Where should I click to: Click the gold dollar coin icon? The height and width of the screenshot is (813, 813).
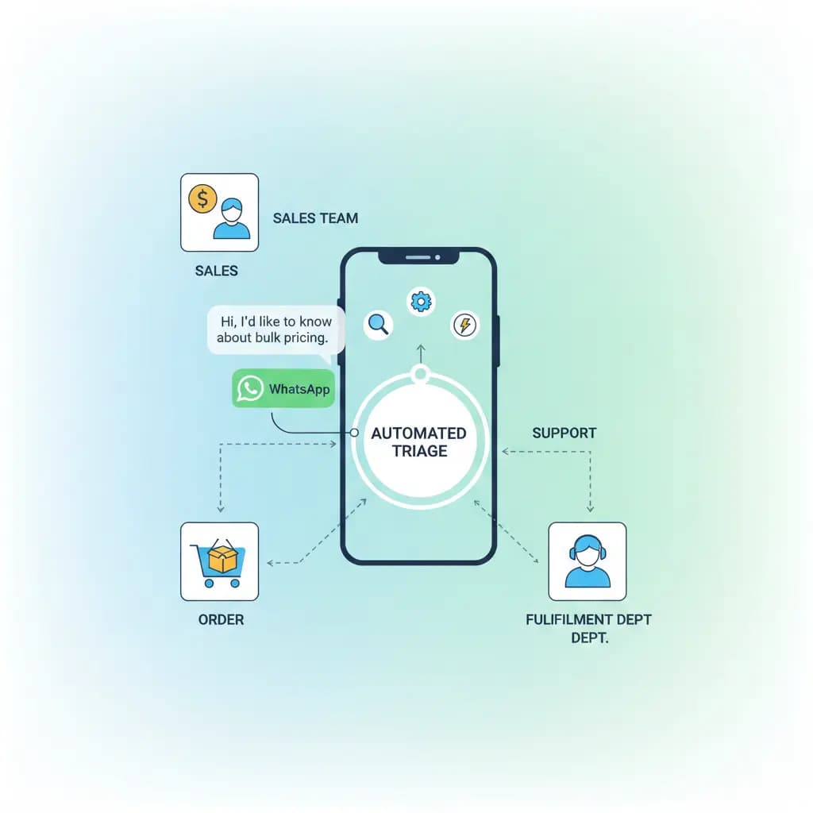[202, 198]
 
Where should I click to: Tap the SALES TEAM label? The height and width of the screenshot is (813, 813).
[315, 218]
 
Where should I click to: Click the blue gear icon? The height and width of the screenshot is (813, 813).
[420, 301]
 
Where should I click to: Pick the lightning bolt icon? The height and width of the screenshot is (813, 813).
[464, 325]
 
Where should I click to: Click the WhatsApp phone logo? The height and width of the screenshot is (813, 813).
[250, 389]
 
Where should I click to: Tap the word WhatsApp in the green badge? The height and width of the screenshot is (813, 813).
[299, 389]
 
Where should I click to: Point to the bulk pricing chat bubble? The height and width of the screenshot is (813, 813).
[275, 329]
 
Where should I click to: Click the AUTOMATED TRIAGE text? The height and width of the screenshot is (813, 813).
[418, 442]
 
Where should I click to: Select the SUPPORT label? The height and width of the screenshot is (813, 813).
[564, 433]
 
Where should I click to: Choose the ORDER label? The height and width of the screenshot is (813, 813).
[221, 619]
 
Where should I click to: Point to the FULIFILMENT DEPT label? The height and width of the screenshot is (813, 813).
[588, 619]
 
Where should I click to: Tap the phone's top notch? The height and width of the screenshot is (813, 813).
[418, 257]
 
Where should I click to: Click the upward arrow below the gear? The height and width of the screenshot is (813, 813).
[421, 354]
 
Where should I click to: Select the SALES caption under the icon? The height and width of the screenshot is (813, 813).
[216, 271]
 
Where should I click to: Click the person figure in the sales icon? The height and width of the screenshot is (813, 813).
[231, 220]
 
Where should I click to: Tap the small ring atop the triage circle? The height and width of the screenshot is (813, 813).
[421, 373]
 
